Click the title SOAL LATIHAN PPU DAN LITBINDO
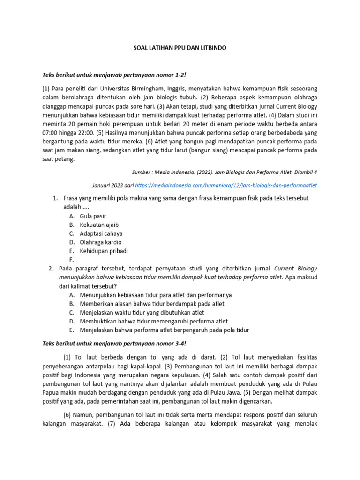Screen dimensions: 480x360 (x=180, y=48)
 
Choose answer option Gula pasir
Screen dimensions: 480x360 (x=93, y=216)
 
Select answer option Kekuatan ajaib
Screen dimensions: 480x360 (x=99, y=225)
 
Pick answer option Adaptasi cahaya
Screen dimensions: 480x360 (x=101, y=233)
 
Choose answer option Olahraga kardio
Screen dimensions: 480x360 (x=101, y=242)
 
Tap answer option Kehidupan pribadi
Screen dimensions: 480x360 (x=104, y=251)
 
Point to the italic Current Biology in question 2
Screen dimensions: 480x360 (x=295, y=269)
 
